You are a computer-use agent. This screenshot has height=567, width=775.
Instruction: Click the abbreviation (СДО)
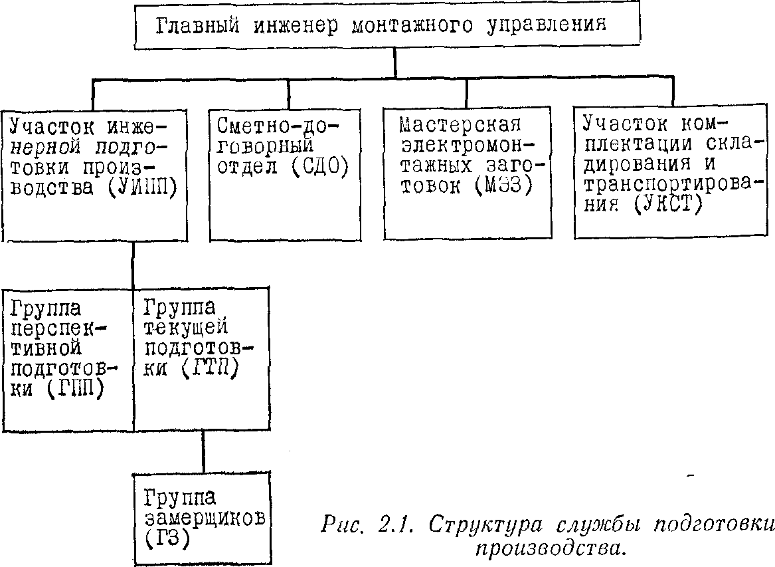point(319,168)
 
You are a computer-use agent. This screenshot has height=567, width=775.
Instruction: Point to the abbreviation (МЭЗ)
point(503,187)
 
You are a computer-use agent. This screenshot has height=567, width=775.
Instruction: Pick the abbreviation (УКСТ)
point(669,204)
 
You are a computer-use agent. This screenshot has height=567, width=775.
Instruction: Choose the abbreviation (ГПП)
point(76,390)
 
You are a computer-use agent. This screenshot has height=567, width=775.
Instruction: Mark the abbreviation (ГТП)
point(210,368)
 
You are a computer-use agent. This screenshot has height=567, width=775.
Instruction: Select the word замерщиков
point(205,518)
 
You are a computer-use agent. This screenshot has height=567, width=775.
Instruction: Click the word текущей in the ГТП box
point(186,328)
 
